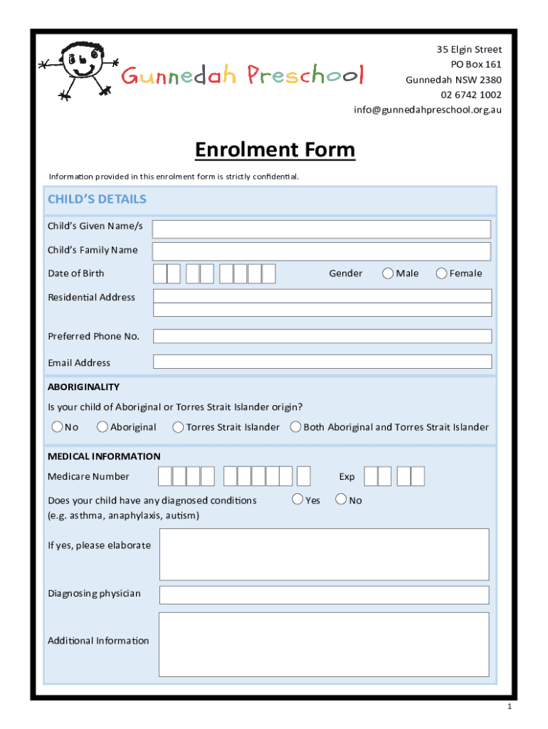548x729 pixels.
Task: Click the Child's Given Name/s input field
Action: tap(322, 229)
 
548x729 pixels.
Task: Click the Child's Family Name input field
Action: tap(322, 251)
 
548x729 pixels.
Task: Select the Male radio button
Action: tap(389, 273)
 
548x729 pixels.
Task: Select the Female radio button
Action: tap(442, 273)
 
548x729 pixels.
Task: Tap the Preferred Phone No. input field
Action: tap(322, 336)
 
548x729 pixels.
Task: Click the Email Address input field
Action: tap(322, 362)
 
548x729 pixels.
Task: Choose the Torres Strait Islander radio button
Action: tap(178, 427)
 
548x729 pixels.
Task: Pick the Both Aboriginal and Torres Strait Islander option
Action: tap(295, 427)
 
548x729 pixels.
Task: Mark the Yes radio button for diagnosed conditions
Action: tap(299, 500)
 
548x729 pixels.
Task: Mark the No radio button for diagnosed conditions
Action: tap(342, 500)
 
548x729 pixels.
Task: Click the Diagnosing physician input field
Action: tap(324, 594)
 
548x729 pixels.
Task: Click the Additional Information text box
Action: tap(324, 644)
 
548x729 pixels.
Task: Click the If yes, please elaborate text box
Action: tap(324, 555)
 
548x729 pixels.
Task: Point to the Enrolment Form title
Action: tap(275, 150)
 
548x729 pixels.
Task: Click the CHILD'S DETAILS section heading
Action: tap(97, 199)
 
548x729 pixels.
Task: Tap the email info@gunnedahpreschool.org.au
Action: tap(427, 110)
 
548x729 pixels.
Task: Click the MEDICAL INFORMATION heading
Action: tap(104, 456)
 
